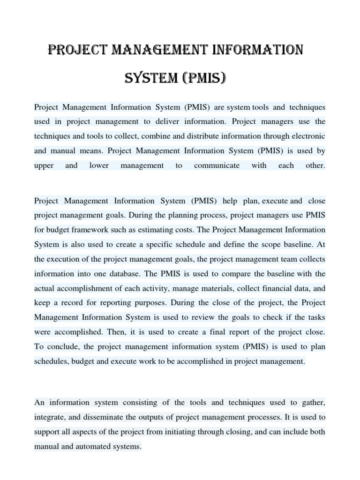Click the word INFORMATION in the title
tap(256, 49)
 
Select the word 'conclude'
tap(58, 347)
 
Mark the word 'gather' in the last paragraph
tap(313, 403)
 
